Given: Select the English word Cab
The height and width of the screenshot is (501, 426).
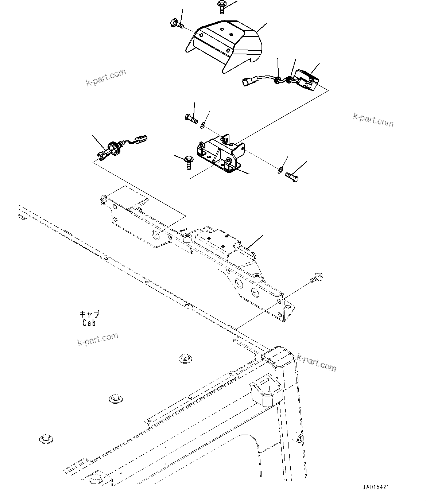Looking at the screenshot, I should [89, 323].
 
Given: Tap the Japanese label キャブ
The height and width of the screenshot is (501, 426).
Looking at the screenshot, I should [89, 314].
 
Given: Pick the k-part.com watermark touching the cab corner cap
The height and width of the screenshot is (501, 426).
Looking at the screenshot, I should [317, 362].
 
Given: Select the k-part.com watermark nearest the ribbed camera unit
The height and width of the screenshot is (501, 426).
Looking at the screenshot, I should [373, 120].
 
